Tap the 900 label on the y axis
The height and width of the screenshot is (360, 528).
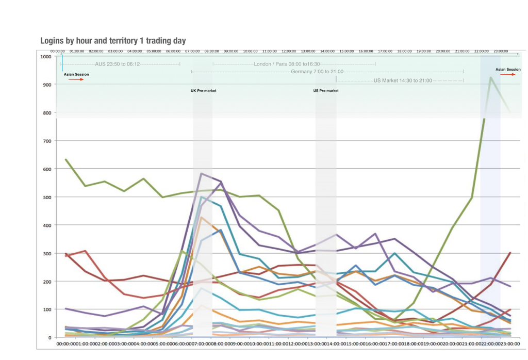point(47,85)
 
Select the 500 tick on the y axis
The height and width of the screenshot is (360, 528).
point(47,197)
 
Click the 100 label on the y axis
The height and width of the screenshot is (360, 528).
point(47,309)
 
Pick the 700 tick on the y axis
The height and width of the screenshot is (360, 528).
point(47,141)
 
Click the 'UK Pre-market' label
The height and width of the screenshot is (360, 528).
point(204,91)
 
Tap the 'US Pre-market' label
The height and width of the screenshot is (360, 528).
point(326,91)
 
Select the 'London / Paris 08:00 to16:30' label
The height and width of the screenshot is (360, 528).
point(294,64)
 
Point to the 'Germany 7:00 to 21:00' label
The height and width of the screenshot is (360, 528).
point(317,72)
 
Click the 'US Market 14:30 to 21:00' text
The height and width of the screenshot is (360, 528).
point(403,80)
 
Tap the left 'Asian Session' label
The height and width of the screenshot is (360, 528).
point(76,74)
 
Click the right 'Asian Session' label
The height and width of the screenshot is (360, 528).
point(508,69)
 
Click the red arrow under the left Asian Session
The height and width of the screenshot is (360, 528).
point(76,79)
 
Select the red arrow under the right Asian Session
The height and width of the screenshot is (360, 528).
point(508,74)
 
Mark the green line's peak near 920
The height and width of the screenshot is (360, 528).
point(490,77)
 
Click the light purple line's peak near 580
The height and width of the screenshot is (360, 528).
point(201,173)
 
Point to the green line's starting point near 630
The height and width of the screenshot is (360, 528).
point(66,159)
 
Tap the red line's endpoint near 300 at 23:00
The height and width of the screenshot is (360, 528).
point(510,253)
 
